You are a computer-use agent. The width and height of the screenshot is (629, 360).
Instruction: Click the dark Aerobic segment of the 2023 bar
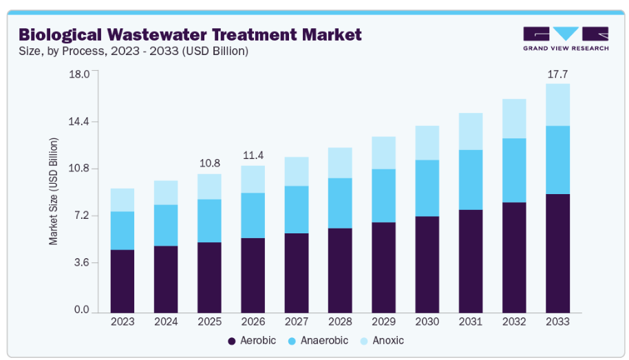click(x=122, y=280)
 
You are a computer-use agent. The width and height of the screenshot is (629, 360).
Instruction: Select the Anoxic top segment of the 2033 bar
click(x=557, y=105)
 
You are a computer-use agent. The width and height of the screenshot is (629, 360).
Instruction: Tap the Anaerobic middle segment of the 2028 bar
click(x=340, y=203)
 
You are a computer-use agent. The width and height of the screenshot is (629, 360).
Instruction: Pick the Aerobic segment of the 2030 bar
click(x=427, y=264)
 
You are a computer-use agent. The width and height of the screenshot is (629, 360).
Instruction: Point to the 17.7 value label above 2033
click(x=557, y=74)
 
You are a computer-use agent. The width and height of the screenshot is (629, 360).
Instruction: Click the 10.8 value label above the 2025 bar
click(x=209, y=163)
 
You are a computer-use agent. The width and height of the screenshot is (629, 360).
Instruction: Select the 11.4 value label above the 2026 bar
click(x=253, y=156)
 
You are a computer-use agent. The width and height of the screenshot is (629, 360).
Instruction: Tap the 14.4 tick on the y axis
click(x=81, y=122)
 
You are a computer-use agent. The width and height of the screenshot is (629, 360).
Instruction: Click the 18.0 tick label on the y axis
click(x=81, y=74)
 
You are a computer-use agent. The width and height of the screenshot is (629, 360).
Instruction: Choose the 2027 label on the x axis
click(x=297, y=321)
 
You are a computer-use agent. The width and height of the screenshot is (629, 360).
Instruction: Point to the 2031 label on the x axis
click(x=470, y=321)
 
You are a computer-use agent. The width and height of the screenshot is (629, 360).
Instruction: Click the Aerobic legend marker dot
click(x=232, y=341)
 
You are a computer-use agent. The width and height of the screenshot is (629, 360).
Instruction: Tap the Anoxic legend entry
click(x=387, y=341)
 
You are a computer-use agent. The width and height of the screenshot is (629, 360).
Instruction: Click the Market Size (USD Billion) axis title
click(x=53, y=191)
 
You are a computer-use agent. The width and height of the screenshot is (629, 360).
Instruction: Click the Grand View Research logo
click(x=566, y=39)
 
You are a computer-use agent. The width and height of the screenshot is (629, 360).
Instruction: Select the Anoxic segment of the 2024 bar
click(x=166, y=193)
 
